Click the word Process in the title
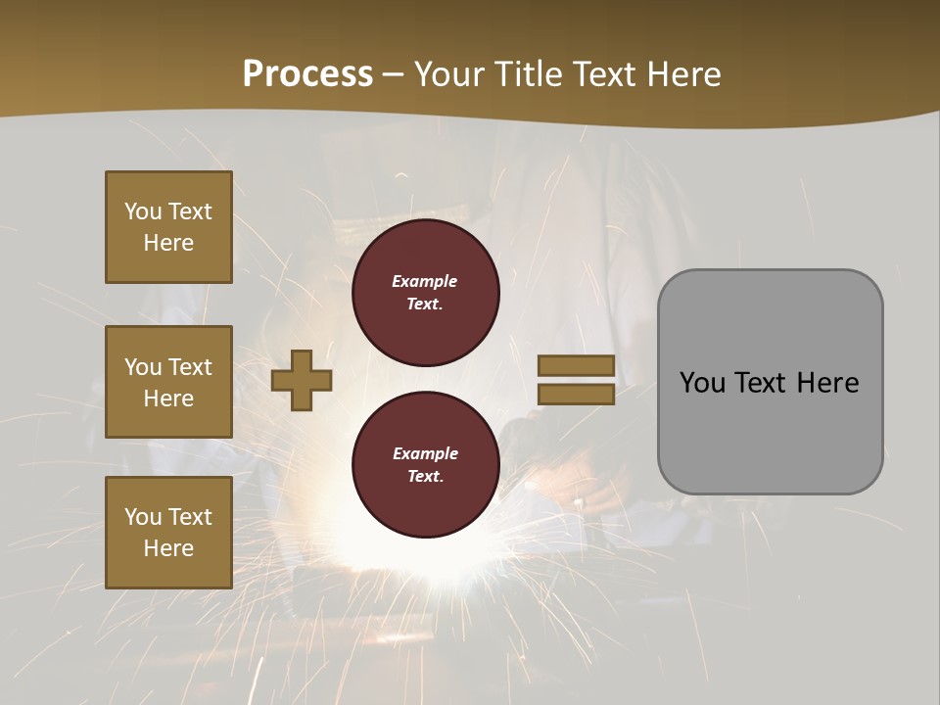pos(307,74)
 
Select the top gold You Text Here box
pos(168,227)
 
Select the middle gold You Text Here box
pos(168,382)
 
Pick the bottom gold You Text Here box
pos(168,533)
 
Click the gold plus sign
pos(302,380)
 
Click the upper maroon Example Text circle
pos(426,292)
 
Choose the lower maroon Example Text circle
pos(426,464)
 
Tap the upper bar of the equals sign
pos(576,366)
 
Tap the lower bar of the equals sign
pos(576,394)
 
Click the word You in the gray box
pos(702,383)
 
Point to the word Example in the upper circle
pos(424,281)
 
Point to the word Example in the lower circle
pos(425,453)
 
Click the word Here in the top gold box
pos(168,243)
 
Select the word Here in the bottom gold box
pos(168,548)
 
